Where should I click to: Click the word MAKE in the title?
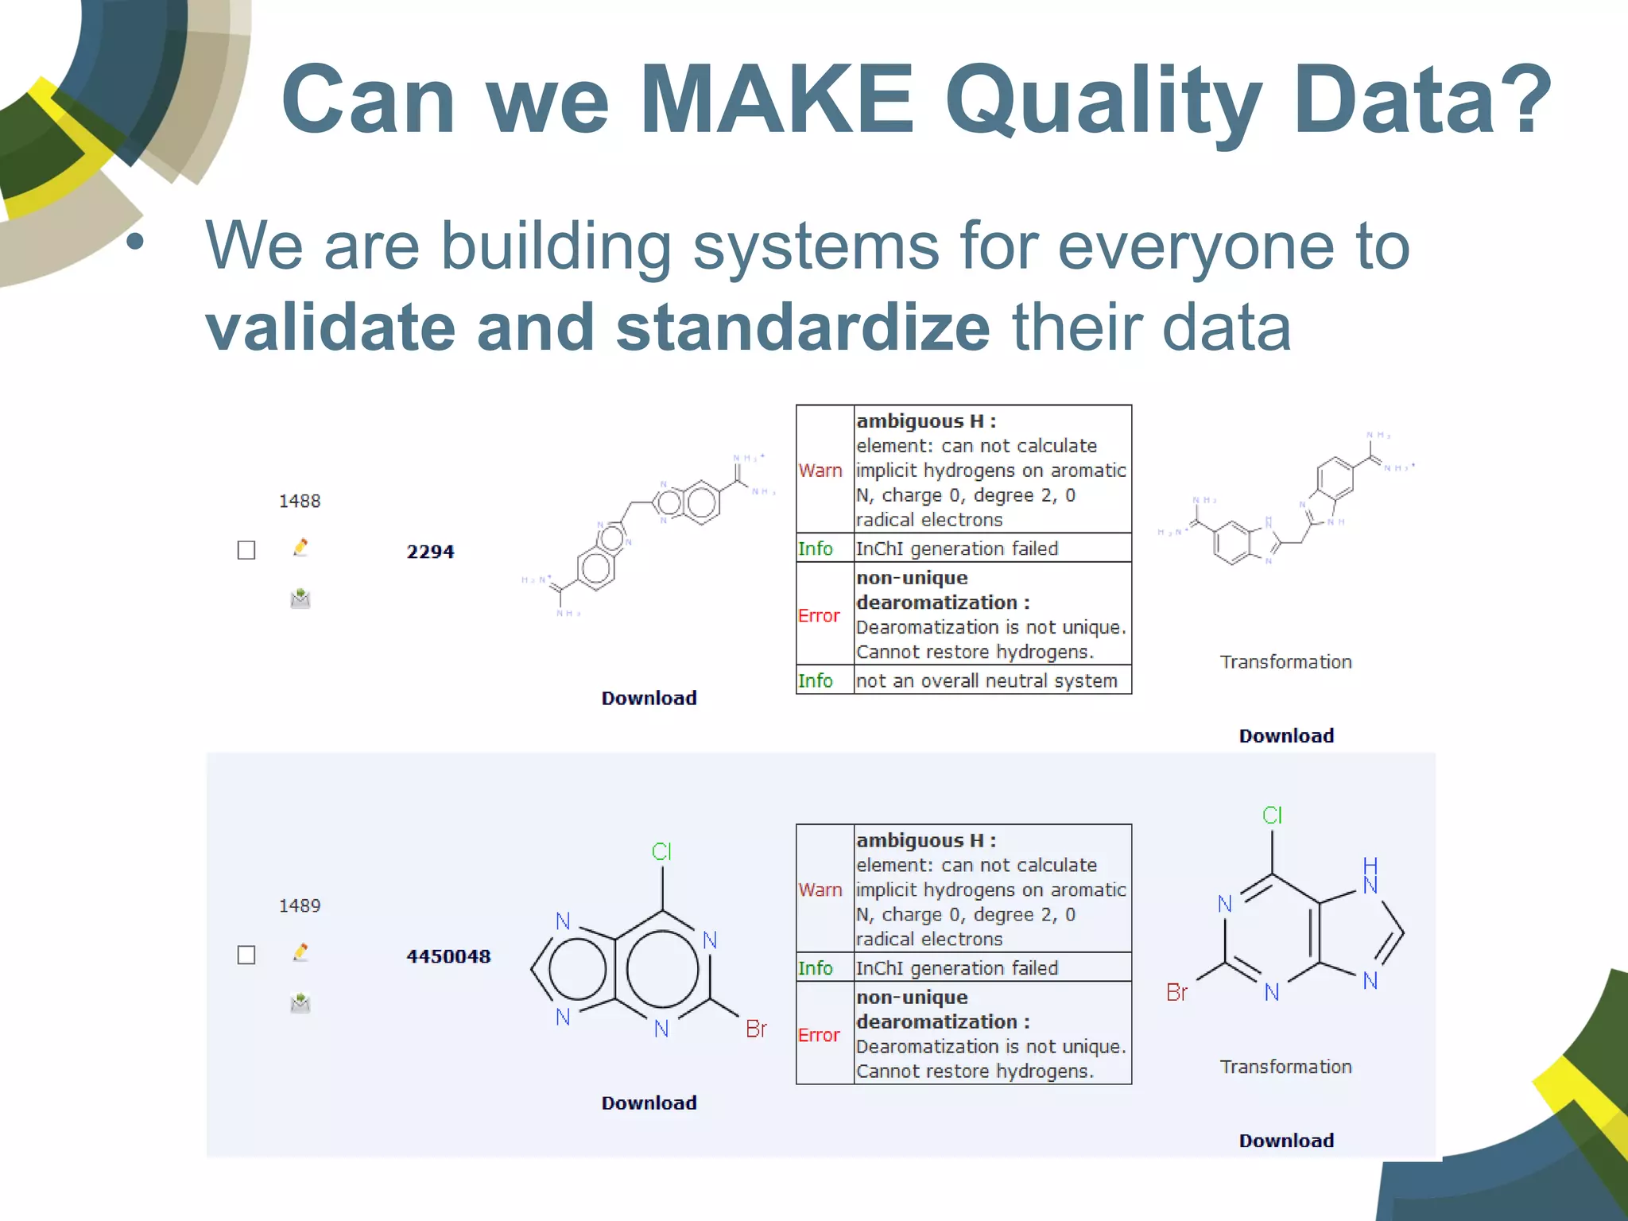(x=777, y=99)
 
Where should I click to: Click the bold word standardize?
(x=803, y=328)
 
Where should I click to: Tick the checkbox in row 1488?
(x=246, y=550)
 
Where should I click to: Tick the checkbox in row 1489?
(x=246, y=955)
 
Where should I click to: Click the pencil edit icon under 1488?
(x=300, y=547)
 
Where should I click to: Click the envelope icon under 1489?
(x=300, y=1003)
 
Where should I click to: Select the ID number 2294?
(x=430, y=552)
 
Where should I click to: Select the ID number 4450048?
(x=448, y=956)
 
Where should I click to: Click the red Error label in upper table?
(x=819, y=615)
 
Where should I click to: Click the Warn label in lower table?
(x=820, y=890)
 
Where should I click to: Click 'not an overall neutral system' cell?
(x=986, y=680)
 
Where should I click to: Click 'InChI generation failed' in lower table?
(x=957, y=967)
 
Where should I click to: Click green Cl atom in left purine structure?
(x=661, y=851)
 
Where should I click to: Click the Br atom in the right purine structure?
(x=1176, y=992)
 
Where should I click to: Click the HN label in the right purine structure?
(x=1370, y=875)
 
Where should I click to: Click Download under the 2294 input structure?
(x=649, y=698)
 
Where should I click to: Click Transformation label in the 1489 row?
(x=1285, y=1067)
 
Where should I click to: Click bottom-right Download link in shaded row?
(x=1285, y=1140)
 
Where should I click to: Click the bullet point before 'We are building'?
(x=136, y=241)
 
